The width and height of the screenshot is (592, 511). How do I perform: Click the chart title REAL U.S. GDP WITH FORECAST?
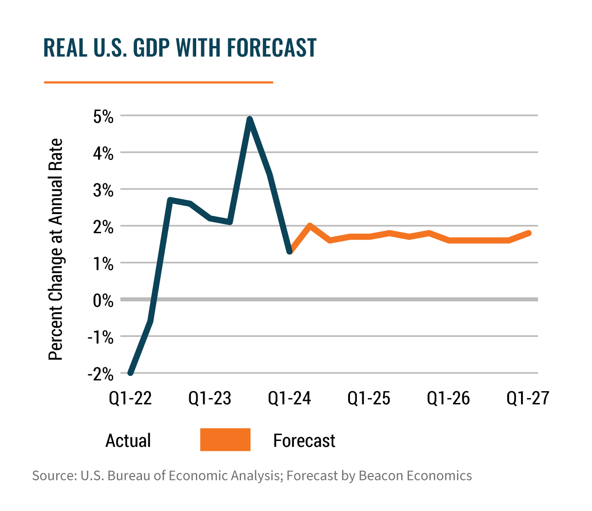[x=179, y=48]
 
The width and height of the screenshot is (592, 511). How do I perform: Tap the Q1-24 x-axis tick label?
[x=290, y=398]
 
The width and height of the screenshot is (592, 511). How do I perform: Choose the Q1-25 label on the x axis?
[x=369, y=398]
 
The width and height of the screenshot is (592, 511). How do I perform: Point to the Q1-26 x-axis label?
[x=449, y=398]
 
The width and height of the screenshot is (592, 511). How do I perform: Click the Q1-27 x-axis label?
[x=527, y=398]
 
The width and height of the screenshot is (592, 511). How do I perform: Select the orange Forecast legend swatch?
[x=225, y=439]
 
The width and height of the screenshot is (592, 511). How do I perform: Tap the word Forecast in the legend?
[x=304, y=440]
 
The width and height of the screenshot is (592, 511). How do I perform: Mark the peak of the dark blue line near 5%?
[x=249, y=118]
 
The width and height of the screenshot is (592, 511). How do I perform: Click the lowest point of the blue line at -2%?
[x=130, y=373]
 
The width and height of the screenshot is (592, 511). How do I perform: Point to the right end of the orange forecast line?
[x=529, y=233]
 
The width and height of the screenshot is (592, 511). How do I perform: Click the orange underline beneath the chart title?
[x=158, y=82]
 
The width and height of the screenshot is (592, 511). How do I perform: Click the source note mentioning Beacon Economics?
[x=251, y=476]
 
